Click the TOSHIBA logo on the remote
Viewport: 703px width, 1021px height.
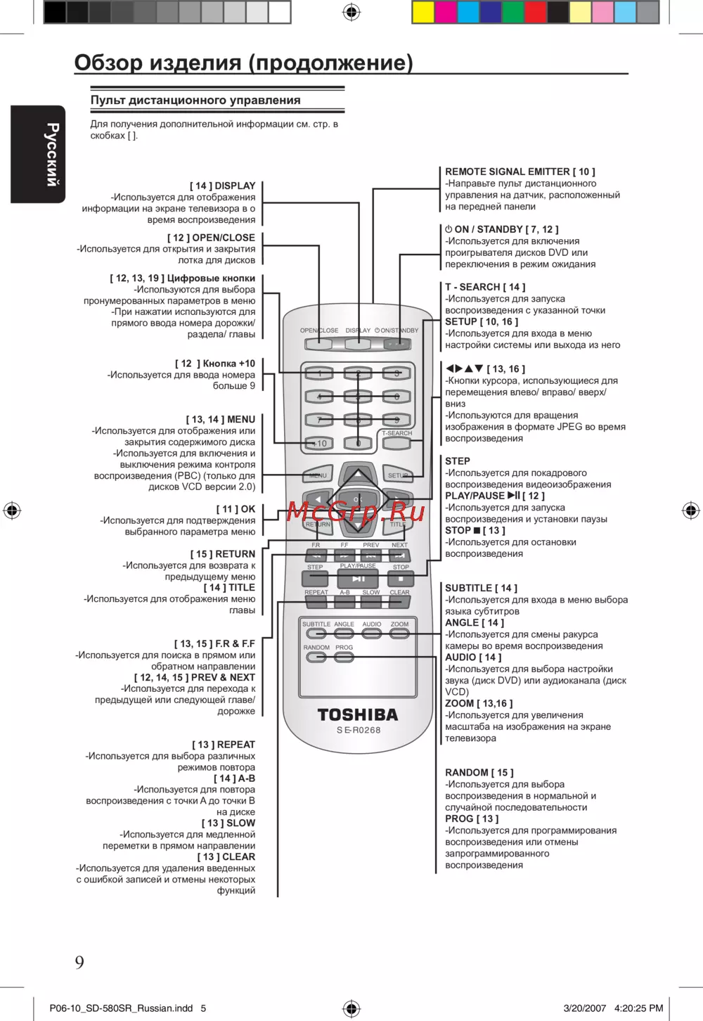point(357,714)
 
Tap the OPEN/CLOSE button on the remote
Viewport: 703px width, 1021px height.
point(318,344)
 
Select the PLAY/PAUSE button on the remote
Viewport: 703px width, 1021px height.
point(358,579)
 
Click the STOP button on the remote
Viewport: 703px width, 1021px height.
point(401,579)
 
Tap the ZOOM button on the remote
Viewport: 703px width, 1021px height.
point(399,634)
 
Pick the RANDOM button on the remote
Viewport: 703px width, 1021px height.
point(316,657)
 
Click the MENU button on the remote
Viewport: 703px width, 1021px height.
point(317,475)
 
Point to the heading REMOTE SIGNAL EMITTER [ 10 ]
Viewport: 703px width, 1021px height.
point(520,172)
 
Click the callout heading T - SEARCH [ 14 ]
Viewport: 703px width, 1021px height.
point(485,287)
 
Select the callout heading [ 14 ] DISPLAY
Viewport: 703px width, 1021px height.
point(223,186)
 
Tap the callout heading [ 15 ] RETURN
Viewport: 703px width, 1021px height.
point(223,554)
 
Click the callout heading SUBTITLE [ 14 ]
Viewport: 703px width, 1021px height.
point(481,588)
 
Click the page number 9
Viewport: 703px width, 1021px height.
point(79,962)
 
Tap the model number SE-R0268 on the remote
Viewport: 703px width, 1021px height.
point(358,730)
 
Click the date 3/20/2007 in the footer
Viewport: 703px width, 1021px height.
point(584,1008)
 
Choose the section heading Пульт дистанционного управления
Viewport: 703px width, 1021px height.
point(195,100)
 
